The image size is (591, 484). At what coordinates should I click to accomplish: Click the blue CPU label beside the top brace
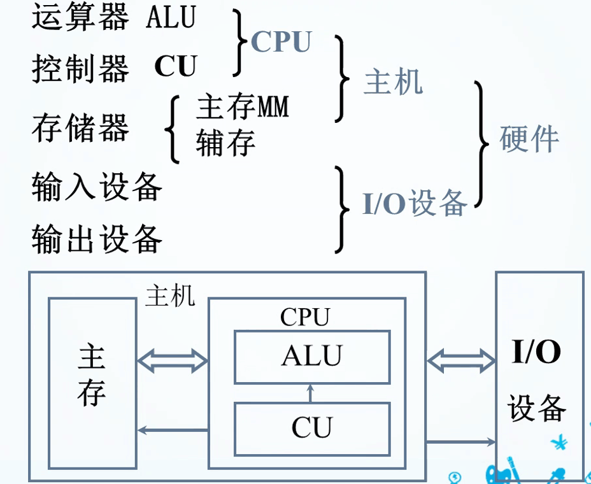(x=281, y=42)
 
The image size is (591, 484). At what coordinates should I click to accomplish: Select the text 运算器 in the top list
(x=80, y=18)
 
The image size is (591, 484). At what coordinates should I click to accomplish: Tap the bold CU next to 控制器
(x=176, y=66)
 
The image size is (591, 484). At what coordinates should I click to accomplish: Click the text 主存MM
(x=243, y=107)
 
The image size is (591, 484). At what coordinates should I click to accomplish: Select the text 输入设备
(x=97, y=187)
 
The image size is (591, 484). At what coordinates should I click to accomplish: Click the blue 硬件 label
(x=529, y=138)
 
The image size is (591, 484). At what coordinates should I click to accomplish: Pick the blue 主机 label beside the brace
(x=393, y=82)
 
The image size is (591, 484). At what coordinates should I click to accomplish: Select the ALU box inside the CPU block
(x=312, y=357)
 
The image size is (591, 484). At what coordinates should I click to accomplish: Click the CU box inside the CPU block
(x=312, y=429)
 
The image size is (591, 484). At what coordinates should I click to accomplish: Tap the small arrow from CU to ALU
(x=311, y=393)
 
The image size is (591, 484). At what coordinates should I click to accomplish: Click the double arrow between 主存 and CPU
(x=173, y=361)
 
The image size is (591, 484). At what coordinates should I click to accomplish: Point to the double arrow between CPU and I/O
(x=461, y=361)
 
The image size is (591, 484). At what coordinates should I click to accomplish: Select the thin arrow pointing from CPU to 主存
(x=173, y=430)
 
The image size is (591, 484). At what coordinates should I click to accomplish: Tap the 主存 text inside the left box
(x=92, y=376)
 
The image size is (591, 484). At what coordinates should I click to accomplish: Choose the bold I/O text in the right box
(x=536, y=352)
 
